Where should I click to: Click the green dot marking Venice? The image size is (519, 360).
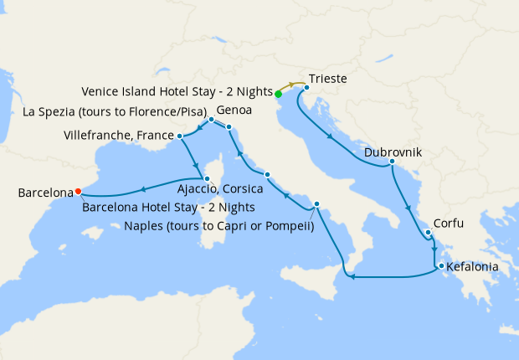click(x=278, y=94)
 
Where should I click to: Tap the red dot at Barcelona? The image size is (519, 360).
click(x=78, y=189)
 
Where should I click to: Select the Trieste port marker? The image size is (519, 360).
click(x=307, y=86)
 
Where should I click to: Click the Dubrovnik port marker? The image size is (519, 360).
click(x=392, y=162)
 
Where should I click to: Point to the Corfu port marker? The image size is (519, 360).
click(x=427, y=234)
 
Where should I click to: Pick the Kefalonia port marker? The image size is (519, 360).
click(x=438, y=267)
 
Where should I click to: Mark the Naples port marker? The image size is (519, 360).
click(x=316, y=205)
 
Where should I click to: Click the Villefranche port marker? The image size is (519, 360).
click(x=180, y=135)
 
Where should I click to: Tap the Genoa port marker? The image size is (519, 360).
click(x=212, y=120)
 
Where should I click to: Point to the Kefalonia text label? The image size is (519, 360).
click(x=473, y=268)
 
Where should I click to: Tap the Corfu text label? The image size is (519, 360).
click(x=448, y=224)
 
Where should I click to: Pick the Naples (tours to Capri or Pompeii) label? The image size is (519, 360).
click(x=218, y=224)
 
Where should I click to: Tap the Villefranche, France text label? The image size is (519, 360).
click(x=118, y=135)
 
